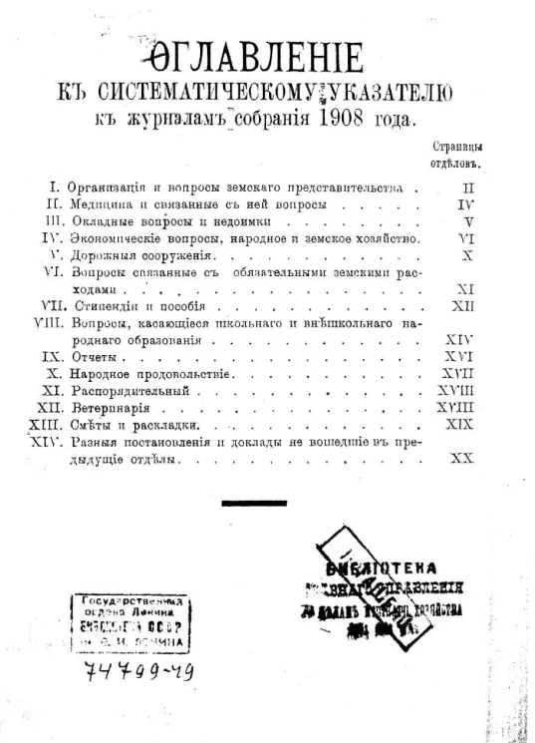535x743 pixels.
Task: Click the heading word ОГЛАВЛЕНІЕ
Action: pyautogui.click(x=265, y=61)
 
